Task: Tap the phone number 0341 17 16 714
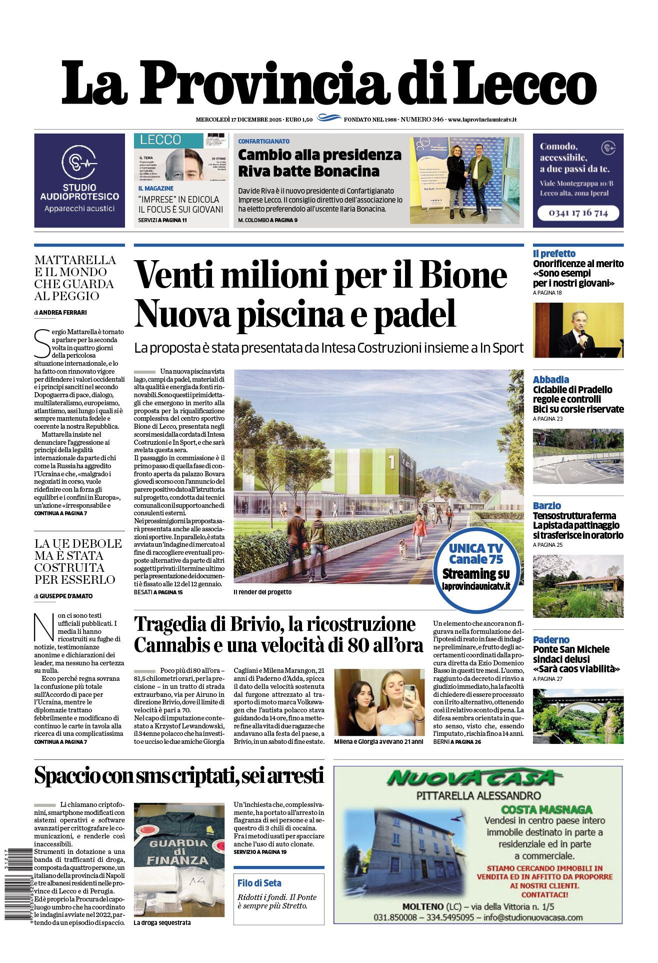578,213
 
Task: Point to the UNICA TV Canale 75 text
475,554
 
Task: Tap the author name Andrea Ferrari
63,313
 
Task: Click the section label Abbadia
550,380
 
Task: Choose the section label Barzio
546,506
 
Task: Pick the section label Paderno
551,640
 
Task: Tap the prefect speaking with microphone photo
578,330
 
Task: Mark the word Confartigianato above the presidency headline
263,142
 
